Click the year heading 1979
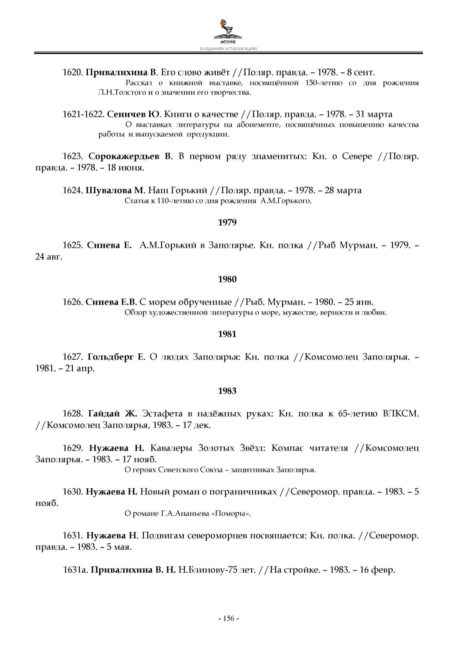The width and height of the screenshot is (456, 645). tap(227, 222)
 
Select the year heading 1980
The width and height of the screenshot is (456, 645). tap(227, 279)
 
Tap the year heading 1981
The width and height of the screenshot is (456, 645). tap(227, 334)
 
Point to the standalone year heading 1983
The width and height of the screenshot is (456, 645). tap(227, 391)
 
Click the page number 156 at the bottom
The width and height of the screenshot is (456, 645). tap(228, 618)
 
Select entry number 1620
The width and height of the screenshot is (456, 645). tap(72, 72)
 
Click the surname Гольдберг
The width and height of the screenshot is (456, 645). tap(111, 357)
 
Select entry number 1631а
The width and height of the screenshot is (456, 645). tap(75, 570)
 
